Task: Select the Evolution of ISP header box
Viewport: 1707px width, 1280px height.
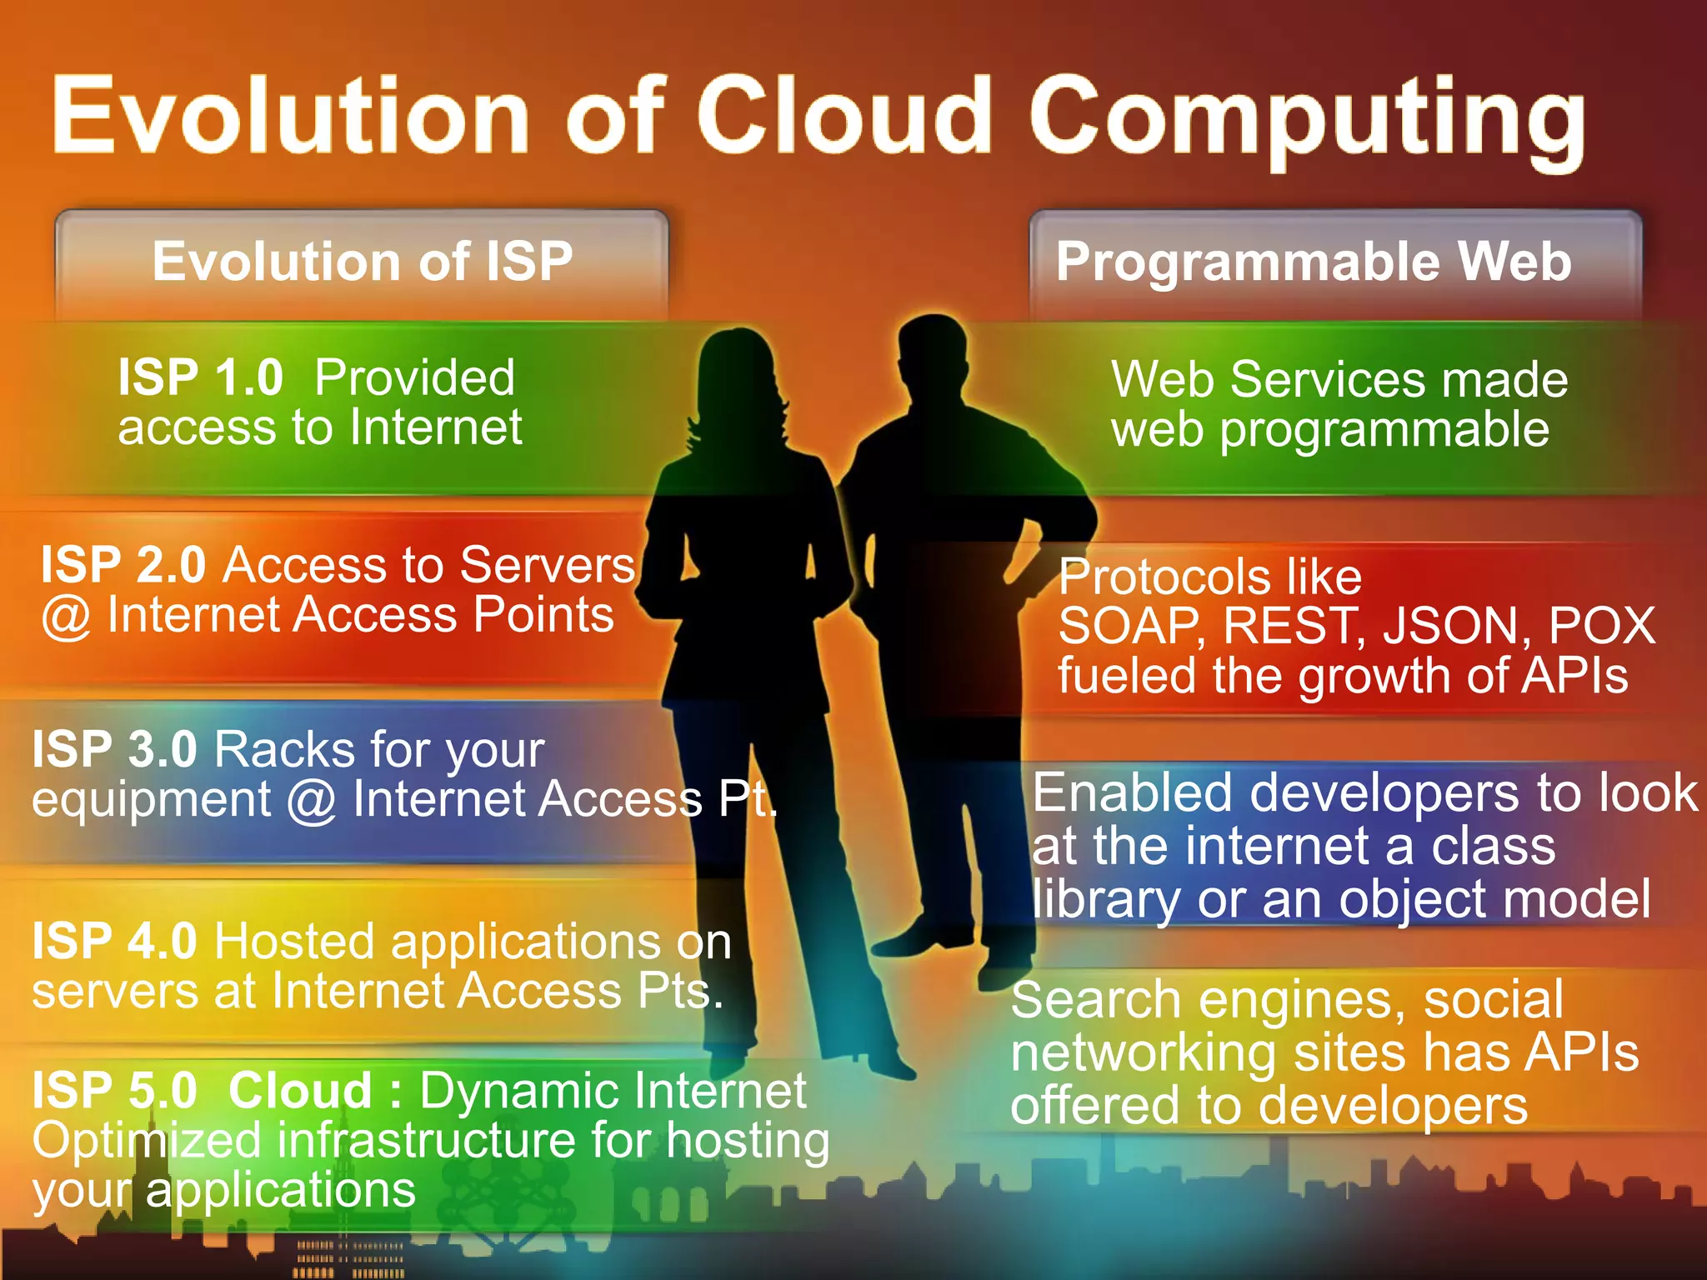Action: click(362, 262)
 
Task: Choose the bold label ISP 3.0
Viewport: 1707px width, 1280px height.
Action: click(114, 749)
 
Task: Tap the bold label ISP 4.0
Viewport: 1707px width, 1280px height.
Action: click(114, 942)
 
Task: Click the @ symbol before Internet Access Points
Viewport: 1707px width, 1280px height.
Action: click(66, 617)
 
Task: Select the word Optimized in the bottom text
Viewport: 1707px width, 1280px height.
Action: click(147, 1141)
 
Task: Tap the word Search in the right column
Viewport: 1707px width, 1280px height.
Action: click(1095, 1000)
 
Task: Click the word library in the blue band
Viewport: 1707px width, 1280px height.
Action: click(1105, 899)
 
